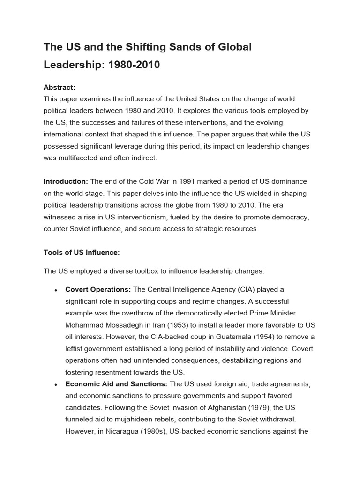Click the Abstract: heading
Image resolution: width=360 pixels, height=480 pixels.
click(x=60, y=87)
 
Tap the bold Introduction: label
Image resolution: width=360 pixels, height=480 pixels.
click(x=66, y=181)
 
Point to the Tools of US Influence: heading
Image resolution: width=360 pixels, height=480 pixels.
click(x=82, y=252)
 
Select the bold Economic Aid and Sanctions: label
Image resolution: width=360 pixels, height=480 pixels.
click(x=117, y=384)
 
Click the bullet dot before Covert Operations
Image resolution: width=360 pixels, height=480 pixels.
click(x=56, y=290)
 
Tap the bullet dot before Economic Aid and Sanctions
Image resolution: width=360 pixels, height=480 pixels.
click(x=56, y=384)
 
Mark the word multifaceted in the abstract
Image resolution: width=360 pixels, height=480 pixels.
click(x=80, y=157)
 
